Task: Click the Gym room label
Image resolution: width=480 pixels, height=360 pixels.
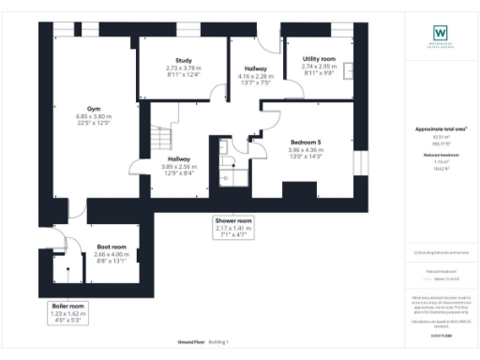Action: coord(94,108)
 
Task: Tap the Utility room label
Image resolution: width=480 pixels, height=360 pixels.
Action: coord(318,58)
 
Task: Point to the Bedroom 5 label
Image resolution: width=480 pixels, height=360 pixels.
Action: coord(305,142)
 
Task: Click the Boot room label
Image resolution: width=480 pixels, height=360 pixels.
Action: coord(111,247)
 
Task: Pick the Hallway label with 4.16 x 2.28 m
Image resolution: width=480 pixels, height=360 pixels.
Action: coord(256,69)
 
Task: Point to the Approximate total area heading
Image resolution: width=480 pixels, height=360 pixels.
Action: coord(440,128)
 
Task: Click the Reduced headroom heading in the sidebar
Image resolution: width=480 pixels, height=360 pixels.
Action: coord(440,156)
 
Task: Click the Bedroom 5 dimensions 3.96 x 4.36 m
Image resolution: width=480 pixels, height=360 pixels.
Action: coord(305,150)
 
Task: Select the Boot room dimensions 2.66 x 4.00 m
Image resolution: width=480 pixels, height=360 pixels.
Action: coord(111,254)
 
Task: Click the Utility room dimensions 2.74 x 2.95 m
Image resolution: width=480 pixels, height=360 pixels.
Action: coord(318,67)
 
